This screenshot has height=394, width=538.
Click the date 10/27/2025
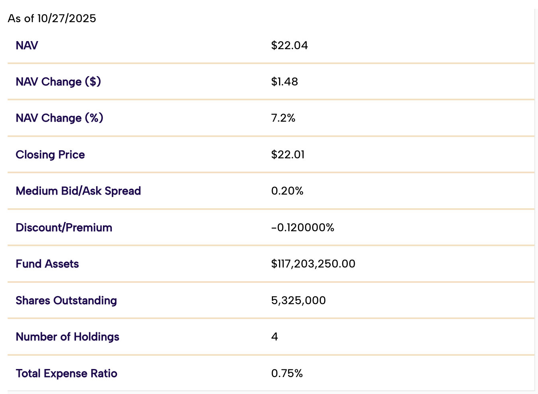pyautogui.click(x=67, y=19)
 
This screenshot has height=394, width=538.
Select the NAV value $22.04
pyautogui.click(x=290, y=45)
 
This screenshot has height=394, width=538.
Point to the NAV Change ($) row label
pyautogui.click(x=58, y=82)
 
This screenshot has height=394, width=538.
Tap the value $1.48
pyautogui.click(x=284, y=82)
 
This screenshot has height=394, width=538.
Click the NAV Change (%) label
pyautogui.click(x=60, y=118)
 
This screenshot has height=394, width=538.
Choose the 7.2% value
pyautogui.click(x=283, y=118)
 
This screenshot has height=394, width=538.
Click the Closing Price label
pyautogui.click(x=50, y=155)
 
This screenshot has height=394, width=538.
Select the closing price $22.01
pyautogui.click(x=288, y=155)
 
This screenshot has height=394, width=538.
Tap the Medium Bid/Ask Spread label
pyautogui.click(x=78, y=191)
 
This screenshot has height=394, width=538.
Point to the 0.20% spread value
pyautogui.click(x=287, y=191)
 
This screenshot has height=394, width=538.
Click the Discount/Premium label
pyautogui.click(x=64, y=228)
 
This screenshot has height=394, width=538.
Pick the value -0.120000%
pyautogui.click(x=303, y=228)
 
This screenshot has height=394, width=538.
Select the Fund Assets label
pyautogui.click(x=47, y=264)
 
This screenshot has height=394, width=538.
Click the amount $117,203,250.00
pyautogui.click(x=313, y=264)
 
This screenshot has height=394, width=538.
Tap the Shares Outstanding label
pyautogui.click(x=66, y=301)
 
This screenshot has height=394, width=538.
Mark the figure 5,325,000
pyautogui.click(x=298, y=301)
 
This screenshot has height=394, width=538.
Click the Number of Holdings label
pyautogui.click(x=68, y=337)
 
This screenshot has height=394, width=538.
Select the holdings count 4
pyautogui.click(x=275, y=336)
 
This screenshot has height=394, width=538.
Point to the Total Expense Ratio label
pyautogui.click(x=66, y=373)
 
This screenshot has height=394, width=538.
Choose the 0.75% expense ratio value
pyautogui.click(x=287, y=373)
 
